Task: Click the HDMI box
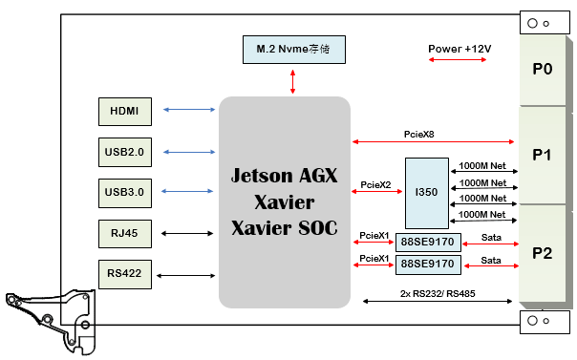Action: pos(124,111)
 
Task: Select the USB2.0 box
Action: pos(124,152)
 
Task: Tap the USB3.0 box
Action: pos(124,192)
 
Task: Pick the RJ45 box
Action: pos(124,233)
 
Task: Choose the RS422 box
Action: pos(124,274)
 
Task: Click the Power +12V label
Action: pos(459,47)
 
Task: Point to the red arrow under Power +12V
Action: pos(459,61)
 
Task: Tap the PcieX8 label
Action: pos(418,135)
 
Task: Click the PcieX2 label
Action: pos(374,184)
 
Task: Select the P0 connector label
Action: pos(543,69)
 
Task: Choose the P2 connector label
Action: pos(543,253)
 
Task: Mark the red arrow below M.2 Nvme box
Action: pos(292,80)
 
